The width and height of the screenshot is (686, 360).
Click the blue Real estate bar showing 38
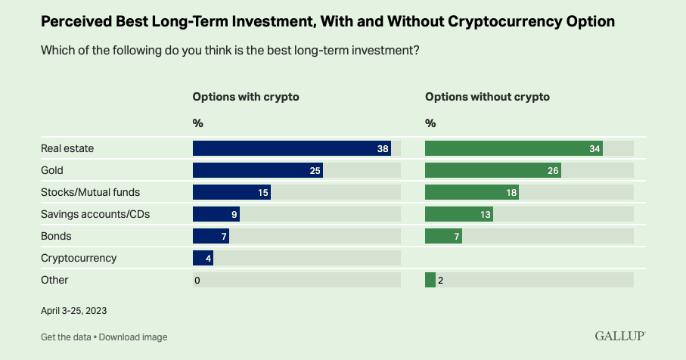pyautogui.click(x=292, y=148)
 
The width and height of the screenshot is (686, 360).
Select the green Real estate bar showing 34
pyautogui.click(x=514, y=148)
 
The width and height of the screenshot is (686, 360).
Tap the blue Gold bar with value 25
pyautogui.click(x=258, y=170)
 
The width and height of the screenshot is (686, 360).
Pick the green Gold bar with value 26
pyautogui.click(x=493, y=170)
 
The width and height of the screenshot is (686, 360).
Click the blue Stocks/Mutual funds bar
pyautogui.click(x=232, y=192)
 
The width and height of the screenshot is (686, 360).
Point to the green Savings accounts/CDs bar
pyautogui.click(x=459, y=214)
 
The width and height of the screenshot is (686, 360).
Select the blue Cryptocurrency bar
pyautogui.click(x=203, y=258)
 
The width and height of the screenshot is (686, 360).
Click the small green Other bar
pyautogui.click(x=430, y=280)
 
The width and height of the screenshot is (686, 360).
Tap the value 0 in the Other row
pyautogui.click(x=197, y=281)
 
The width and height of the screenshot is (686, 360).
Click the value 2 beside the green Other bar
pyautogui.click(x=440, y=281)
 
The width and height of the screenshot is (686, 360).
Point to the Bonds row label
pyautogui.click(x=56, y=236)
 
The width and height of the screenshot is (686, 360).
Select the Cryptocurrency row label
pyautogui.click(x=79, y=258)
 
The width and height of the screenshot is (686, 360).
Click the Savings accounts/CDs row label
pyautogui.click(x=95, y=214)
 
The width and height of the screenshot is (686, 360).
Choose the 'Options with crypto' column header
pyautogui.click(x=246, y=97)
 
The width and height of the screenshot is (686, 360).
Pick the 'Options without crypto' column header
pyautogui.click(x=487, y=97)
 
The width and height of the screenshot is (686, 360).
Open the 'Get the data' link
pyautogui.click(x=66, y=337)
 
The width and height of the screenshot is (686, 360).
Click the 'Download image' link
pyautogui.click(x=133, y=337)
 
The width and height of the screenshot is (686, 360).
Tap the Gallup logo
pyautogui.click(x=620, y=336)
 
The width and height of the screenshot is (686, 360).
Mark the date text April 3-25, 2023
pyautogui.click(x=74, y=311)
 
